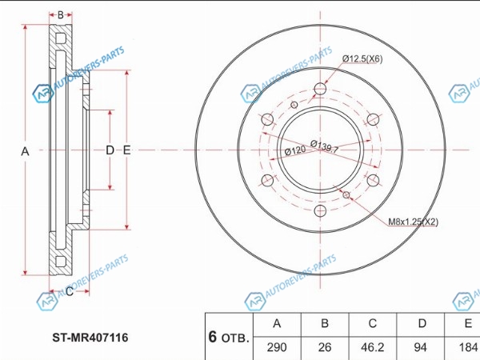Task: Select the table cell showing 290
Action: coord(278,348)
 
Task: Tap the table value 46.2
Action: coord(372,348)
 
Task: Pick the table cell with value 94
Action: coord(420,348)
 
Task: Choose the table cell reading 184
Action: coord(466,348)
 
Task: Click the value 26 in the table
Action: coord(325,348)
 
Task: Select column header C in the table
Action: coord(372,323)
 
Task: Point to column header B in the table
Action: coord(325,323)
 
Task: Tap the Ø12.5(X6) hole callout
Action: coord(362,58)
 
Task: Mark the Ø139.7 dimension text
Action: coord(325,147)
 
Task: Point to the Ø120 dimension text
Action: coord(295,150)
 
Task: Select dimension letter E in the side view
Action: coord(127,150)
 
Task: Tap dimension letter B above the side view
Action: coord(61,14)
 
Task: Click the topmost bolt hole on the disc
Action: coord(320,88)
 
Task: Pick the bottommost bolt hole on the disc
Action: coord(320,211)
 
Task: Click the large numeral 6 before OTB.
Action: coord(213,337)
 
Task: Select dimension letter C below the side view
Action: coord(69,292)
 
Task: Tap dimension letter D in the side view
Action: coord(110,150)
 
